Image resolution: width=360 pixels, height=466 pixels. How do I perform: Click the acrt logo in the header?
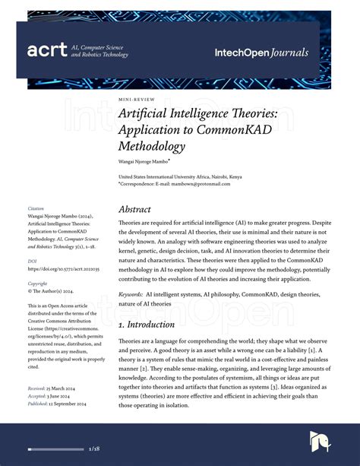click(x=47, y=51)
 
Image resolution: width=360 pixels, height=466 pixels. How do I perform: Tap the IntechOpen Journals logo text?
click(x=261, y=52)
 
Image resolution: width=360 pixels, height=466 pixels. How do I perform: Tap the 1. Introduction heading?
click(x=149, y=325)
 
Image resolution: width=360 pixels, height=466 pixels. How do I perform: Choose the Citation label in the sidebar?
click(x=36, y=208)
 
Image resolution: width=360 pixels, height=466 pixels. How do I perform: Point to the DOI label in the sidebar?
click(x=33, y=261)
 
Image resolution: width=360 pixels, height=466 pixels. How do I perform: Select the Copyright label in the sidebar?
click(x=37, y=283)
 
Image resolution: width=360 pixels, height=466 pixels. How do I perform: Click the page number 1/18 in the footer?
click(x=94, y=449)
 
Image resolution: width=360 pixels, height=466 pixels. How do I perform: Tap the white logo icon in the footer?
click(x=320, y=442)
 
